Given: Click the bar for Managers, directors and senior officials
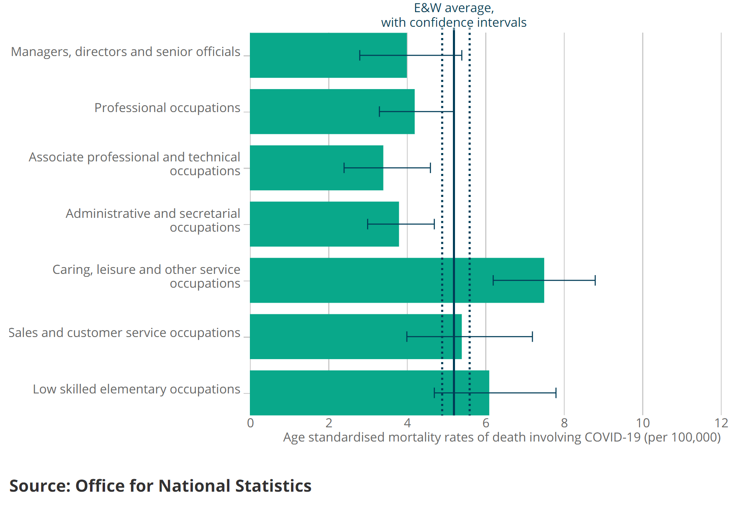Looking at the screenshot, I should (306, 55).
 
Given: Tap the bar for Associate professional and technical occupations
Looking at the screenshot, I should (297, 168).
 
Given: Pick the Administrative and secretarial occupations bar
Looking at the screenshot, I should (306, 224).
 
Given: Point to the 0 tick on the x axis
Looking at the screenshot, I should (250, 423).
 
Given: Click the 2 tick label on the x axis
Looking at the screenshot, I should (329, 423).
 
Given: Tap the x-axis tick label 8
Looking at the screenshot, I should (564, 423).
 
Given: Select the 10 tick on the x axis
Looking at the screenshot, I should (643, 423).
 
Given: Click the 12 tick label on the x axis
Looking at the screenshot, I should (721, 423).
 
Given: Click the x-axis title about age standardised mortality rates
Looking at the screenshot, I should (502, 437).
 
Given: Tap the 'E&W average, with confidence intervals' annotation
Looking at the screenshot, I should (454, 15).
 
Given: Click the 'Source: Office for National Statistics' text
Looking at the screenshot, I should (160, 486).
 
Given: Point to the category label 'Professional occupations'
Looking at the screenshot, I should (167, 108).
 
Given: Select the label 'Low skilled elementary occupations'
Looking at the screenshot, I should (136, 389).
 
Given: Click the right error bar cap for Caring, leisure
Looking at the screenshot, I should (595, 280).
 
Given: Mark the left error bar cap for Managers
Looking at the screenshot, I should (360, 55).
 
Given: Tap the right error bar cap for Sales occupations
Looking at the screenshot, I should (532, 337).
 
